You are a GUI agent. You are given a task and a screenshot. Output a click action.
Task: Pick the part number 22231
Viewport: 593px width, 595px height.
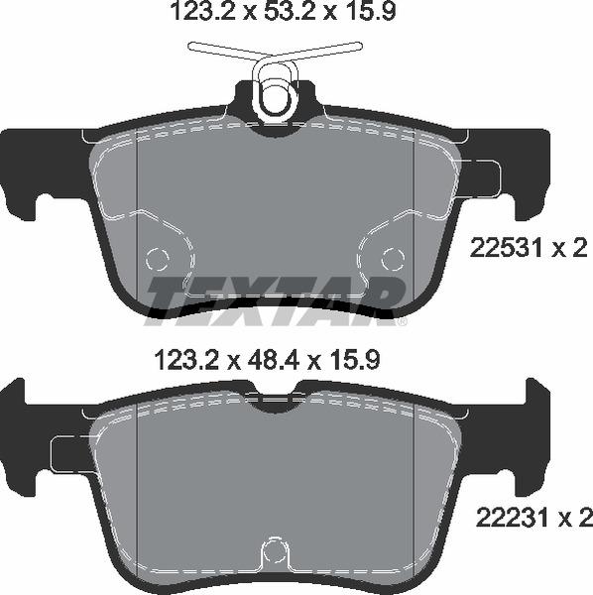coord(502,517)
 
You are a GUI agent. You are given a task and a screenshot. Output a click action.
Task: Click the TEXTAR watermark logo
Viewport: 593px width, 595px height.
coord(276,297)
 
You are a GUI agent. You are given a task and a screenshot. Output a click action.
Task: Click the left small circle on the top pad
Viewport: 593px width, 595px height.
coord(158,259)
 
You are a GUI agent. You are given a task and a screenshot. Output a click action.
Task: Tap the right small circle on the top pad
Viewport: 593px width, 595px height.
coord(393,259)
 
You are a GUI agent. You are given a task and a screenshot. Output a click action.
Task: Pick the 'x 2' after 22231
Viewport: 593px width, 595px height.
coord(570,517)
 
